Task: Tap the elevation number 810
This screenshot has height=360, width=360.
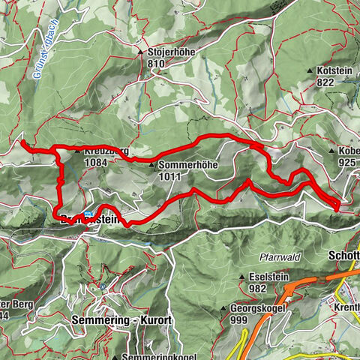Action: pyautogui.click(x=155, y=64)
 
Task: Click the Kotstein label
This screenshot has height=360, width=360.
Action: pyautogui.click(x=333, y=70)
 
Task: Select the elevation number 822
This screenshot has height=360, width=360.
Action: pyautogui.click(x=324, y=82)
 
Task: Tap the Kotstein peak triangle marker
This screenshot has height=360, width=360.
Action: pyautogui.click(x=309, y=70)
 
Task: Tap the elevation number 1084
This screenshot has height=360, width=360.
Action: pyautogui.click(x=96, y=162)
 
